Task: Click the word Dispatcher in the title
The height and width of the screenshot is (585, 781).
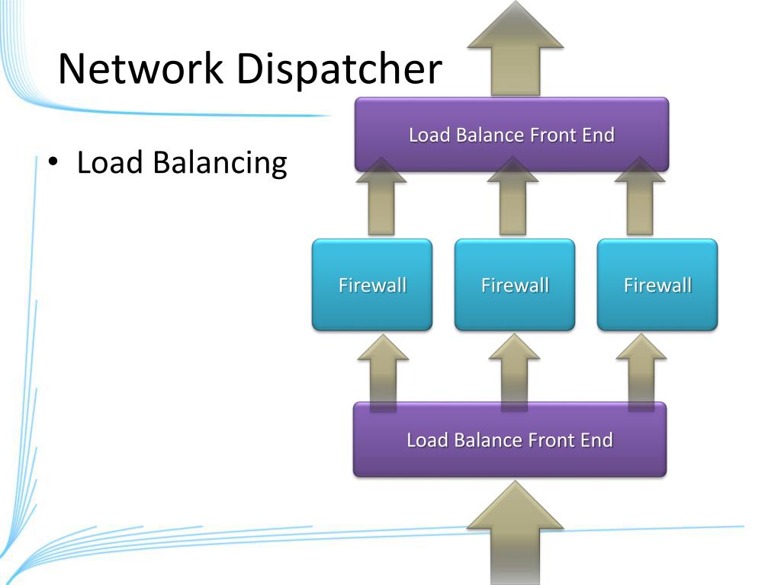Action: tap(339, 69)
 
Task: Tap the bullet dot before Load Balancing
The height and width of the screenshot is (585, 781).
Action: tap(53, 161)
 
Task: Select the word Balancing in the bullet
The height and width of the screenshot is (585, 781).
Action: tap(220, 163)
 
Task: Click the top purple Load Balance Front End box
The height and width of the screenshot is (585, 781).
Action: tap(512, 134)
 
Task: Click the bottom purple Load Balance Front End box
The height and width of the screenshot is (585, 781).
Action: tap(509, 440)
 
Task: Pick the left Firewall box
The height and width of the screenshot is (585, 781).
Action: tap(372, 285)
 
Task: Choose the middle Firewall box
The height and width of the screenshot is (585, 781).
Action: tap(515, 285)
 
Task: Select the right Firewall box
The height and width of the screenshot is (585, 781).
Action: tap(657, 285)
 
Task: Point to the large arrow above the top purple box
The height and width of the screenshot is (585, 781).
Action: tap(516, 48)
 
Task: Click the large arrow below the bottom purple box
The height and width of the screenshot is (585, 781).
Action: tap(516, 532)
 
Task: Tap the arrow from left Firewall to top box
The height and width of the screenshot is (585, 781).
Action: tap(381, 196)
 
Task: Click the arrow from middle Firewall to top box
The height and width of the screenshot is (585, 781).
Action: tap(513, 196)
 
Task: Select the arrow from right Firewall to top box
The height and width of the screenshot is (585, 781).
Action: tap(640, 196)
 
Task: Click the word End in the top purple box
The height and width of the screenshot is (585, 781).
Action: tap(598, 135)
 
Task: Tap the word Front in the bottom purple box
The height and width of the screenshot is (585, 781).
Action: tap(546, 440)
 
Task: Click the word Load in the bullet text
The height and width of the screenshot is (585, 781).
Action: tap(110, 162)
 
